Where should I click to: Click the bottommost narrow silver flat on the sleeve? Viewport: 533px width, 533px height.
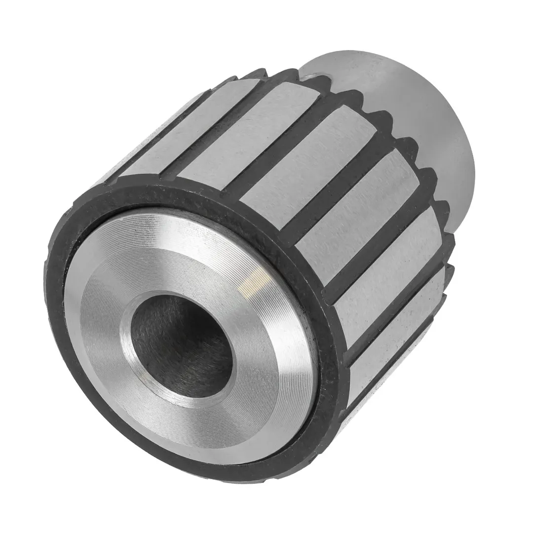click(395, 350)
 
